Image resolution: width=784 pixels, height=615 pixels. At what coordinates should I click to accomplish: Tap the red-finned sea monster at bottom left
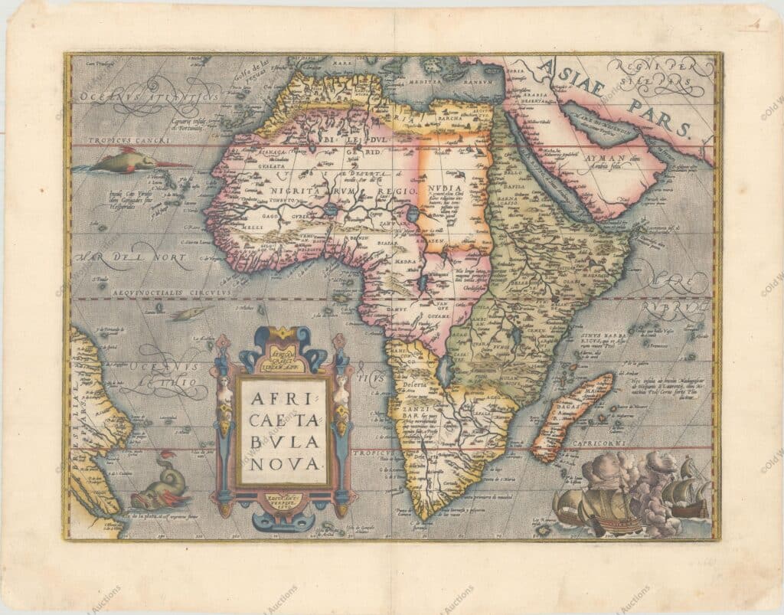[x=160, y=484]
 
